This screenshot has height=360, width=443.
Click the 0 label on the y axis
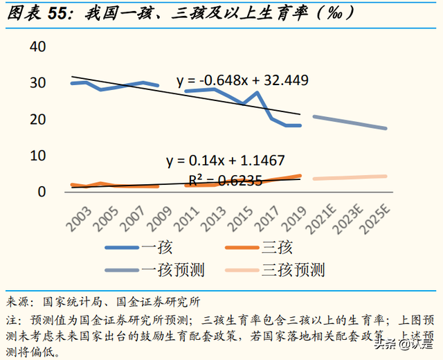tap(41, 192)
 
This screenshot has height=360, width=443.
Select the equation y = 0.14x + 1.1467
tap(225, 161)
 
